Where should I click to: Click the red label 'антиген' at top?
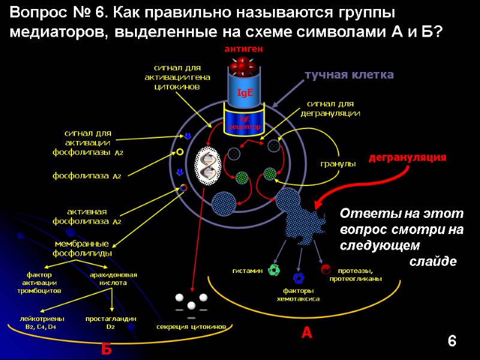(x=244, y=48)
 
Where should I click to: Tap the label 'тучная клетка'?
(x=349, y=75)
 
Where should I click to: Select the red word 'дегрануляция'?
(x=407, y=157)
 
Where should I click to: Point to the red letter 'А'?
(x=307, y=332)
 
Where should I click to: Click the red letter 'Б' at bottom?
(x=107, y=349)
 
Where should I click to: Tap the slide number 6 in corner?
(x=452, y=342)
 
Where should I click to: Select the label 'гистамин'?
(x=248, y=271)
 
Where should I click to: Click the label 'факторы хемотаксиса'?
(x=298, y=295)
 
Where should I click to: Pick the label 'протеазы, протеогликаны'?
(x=356, y=275)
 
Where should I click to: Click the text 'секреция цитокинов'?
(x=191, y=327)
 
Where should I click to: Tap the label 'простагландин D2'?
(x=111, y=323)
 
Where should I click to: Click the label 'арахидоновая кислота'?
(x=113, y=278)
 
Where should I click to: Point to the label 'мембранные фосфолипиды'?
(x=82, y=248)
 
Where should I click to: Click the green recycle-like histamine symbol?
(x=274, y=270)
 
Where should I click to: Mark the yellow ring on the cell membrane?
(x=179, y=152)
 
